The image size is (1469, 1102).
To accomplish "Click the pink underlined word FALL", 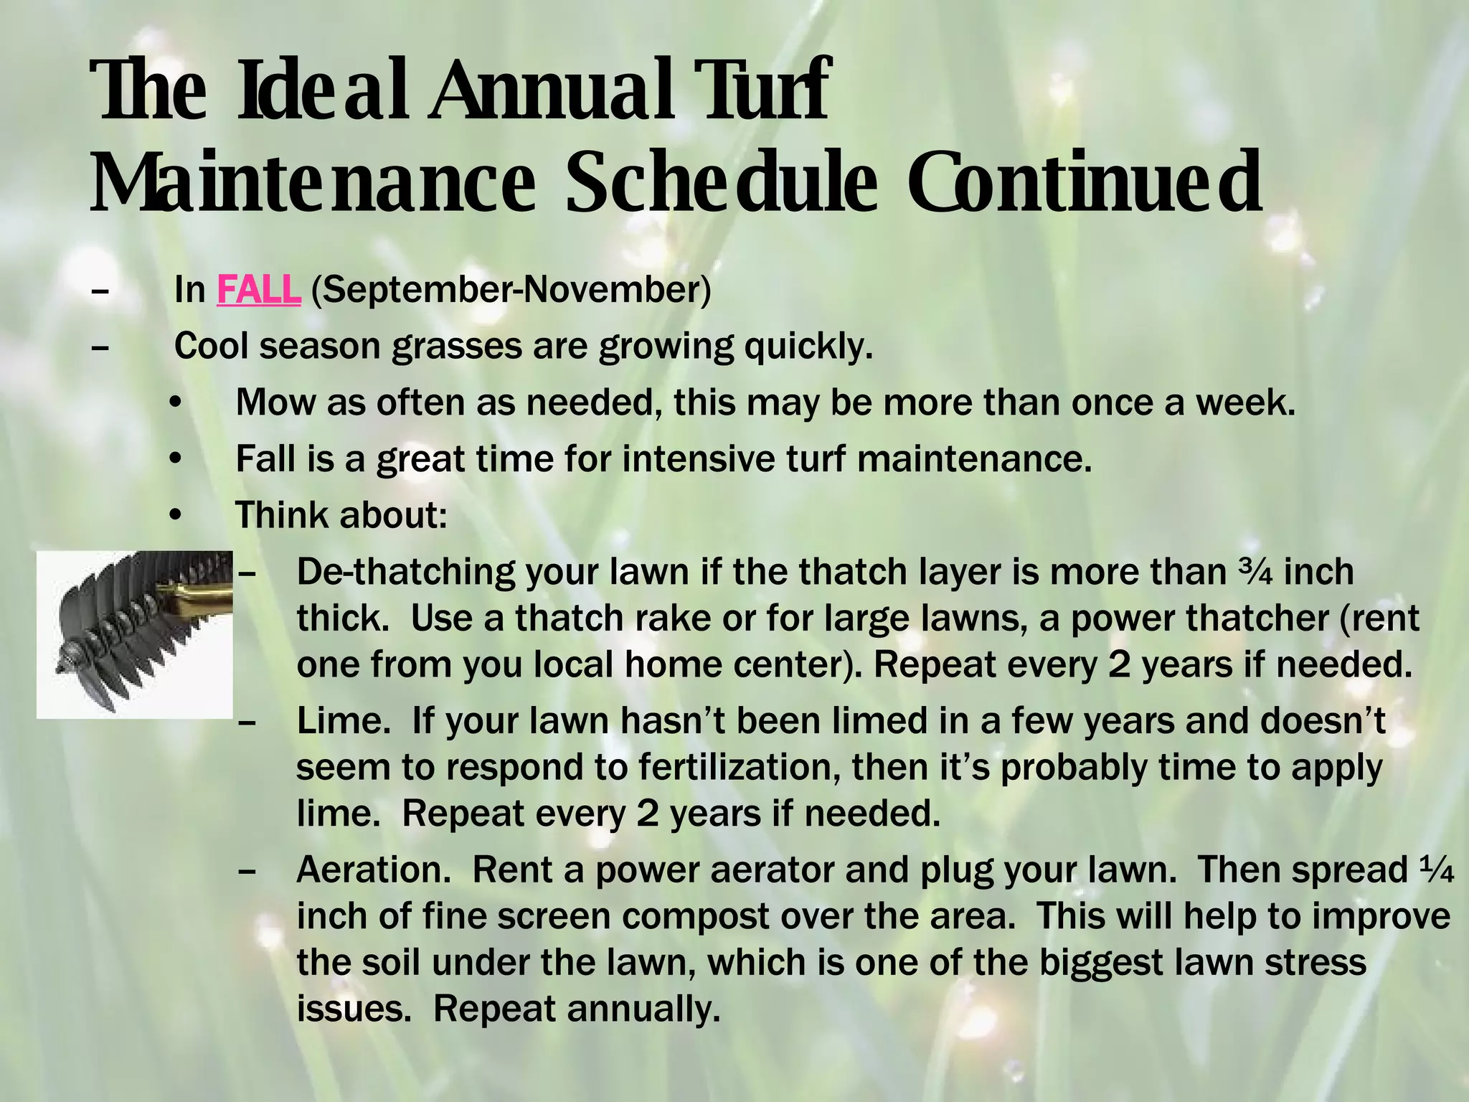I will [258, 290].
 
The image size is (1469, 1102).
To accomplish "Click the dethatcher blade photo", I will [135, 634].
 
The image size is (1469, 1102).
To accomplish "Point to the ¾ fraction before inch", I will [1256, 572].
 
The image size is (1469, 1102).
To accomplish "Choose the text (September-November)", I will [511, 290].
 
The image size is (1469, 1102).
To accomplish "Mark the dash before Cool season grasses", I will [100, 347].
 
